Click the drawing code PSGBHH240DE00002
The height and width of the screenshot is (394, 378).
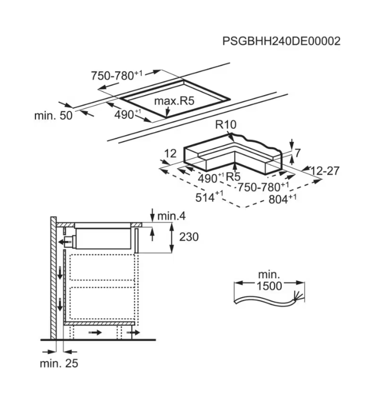point(281,41)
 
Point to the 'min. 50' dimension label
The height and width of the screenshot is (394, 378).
point(54,115)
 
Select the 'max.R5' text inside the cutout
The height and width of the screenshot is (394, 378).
point(175,101)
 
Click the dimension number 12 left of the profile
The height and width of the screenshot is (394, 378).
point(170,153)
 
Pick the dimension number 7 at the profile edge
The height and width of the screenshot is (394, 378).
point(297,152)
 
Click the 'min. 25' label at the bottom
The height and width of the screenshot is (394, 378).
point(59,364)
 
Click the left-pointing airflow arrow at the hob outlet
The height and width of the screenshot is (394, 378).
point(67,242)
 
